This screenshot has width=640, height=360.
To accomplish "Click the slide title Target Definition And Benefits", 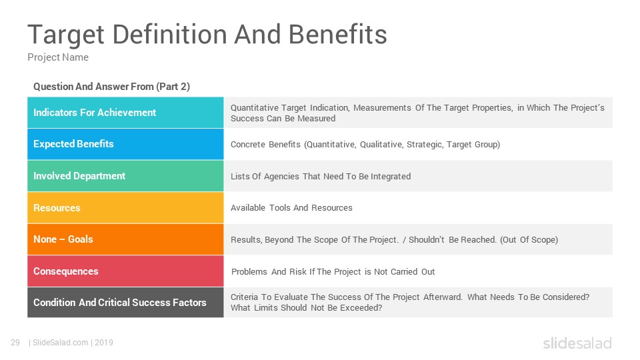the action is (x=207, y=34).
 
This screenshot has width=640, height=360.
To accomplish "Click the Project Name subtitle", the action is (x=58, y=57).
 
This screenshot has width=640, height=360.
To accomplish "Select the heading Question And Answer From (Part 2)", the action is (x=111, y=87).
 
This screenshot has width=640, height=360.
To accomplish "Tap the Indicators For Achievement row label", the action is (x=95, y=113).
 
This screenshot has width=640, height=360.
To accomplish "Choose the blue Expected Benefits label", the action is (x=73, y=144).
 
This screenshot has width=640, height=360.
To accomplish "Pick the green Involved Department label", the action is (x=79, y=176).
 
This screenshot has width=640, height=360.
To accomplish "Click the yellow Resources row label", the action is (x=57, y=208).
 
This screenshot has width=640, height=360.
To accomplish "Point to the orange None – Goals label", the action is (x=63, y=239).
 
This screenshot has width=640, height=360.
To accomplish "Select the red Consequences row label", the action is (x=66, y=271).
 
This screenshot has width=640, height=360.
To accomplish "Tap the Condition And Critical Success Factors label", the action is (x=120, y=303).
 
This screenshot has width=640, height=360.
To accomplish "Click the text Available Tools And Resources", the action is (x=291, y=208).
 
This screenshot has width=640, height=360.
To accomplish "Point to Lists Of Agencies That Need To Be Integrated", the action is (x=321, y=176).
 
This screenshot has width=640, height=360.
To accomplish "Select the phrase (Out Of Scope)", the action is (x=529, y=240).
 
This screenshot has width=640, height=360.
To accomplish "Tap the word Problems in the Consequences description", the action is (x=249, y=272).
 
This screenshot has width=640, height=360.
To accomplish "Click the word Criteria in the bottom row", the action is (x=244, y=297).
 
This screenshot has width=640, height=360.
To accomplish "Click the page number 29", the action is (x=15, y=343).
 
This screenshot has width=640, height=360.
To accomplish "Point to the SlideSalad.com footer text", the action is (x=61, y=343).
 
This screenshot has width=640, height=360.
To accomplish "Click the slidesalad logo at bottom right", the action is (x=577, y=343).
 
